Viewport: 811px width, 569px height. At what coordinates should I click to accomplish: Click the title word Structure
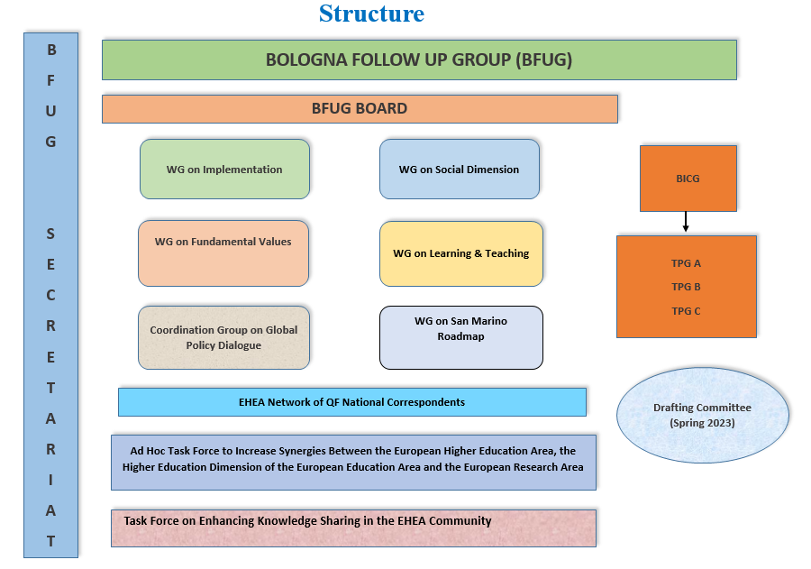(371, 14)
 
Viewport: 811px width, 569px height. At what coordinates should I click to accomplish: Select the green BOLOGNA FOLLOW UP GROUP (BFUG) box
(419, 60)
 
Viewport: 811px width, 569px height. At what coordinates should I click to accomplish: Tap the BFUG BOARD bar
(360, 109)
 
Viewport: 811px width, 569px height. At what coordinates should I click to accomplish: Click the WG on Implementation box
(224, 169)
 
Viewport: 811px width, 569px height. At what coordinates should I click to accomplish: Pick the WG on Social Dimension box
(459, 169)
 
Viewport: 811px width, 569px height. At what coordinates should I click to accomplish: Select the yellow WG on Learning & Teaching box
(460, 253)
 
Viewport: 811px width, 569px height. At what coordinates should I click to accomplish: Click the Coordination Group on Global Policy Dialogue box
(223, 337)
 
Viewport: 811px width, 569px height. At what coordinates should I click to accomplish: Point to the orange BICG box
(688, 179)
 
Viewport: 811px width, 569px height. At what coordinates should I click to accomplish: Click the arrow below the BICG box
(686, 223)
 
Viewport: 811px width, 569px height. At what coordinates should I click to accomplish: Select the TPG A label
(686, 263)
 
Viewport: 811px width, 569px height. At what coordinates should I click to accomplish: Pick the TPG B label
(686, 287)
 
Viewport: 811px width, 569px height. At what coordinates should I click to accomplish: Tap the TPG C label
(686, 311)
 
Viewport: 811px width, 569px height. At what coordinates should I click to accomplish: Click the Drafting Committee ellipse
(702, 415)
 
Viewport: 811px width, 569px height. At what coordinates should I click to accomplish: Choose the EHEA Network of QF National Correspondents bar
(351, 402)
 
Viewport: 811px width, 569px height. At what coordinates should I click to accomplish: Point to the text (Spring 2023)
(702, 423)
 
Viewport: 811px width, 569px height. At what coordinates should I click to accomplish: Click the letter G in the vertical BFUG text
(50, 142)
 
